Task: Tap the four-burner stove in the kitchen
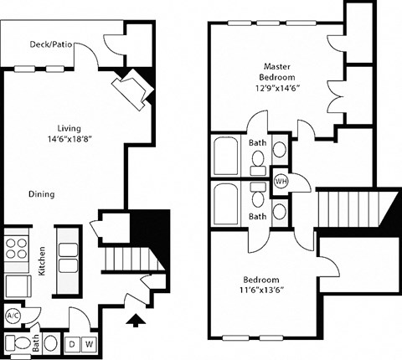tap(16, 249)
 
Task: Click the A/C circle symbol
tap(13, 316)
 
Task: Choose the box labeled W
tap(89, 342)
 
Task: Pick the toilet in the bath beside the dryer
tap(49, 342)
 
